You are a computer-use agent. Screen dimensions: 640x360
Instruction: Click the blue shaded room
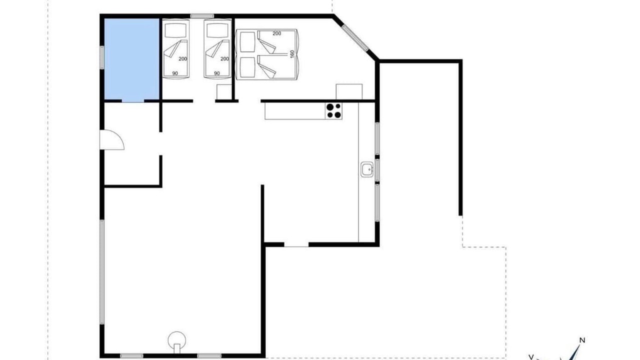(131, 59)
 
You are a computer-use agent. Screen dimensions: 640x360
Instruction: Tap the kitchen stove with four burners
(333, 111)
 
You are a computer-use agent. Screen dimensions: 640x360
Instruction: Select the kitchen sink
(367, 169)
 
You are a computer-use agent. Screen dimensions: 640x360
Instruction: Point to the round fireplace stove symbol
(177, 341)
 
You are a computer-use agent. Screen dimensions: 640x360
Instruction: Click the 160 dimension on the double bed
(292, 54)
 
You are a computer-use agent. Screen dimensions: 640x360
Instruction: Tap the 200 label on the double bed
(276, 33)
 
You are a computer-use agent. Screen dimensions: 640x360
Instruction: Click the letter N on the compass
(582, 340)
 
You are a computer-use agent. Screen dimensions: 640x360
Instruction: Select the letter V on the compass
(531, 357)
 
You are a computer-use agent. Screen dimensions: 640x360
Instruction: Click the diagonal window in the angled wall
(355, 38)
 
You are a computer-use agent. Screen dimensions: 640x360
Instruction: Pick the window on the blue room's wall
(102, 57)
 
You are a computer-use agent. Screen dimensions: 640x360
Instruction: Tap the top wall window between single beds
(202, 16)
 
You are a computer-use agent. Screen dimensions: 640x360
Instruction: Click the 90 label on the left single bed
(175, 73)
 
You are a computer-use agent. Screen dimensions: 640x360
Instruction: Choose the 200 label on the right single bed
(224, 59)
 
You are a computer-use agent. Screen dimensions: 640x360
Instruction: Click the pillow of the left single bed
(175, 30)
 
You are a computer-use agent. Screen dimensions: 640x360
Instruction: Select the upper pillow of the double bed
(247, 42)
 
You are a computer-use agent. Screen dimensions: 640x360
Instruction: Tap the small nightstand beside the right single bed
(224, 92)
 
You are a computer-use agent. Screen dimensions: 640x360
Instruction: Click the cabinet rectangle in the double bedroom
(349, 91)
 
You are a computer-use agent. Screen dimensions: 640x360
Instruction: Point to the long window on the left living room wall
(102, 271)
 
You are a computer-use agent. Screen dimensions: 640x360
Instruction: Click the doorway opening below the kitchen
(296, 244)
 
